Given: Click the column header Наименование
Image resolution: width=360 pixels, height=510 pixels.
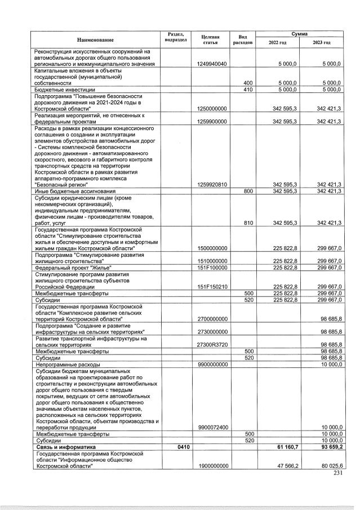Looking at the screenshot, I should coord(96,39).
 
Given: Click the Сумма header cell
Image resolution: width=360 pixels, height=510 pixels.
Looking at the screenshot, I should coord(299,34).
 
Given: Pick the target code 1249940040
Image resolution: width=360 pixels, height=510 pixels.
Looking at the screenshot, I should coord(212,64).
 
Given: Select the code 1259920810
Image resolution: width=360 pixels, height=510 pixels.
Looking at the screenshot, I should coord(212,184).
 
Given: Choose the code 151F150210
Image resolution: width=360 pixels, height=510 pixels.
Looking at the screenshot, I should coord(212,286).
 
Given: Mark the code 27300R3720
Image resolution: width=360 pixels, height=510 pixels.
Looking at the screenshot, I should coord(212,344).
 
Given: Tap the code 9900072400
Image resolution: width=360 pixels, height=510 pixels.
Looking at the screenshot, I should coord(212,427).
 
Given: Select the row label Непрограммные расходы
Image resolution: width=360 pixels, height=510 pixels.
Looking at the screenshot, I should coord(63,364).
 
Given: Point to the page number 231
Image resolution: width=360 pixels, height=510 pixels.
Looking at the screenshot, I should coord(337,473).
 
